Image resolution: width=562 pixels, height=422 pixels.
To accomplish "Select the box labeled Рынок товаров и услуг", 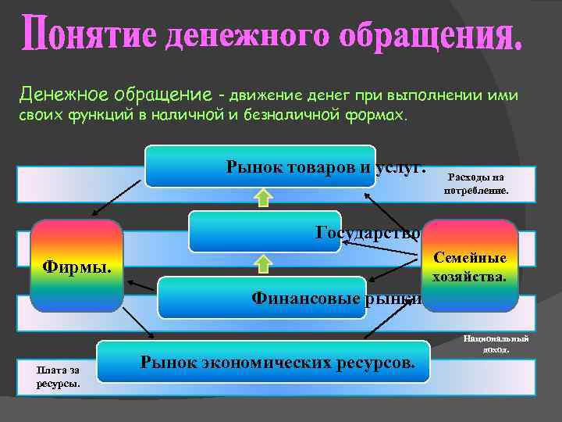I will pyautogui.click(x=261, y=166).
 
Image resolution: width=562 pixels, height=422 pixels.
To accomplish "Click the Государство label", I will pyautogui.click(x=368, y=231).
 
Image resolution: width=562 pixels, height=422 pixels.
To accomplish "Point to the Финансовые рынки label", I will pyautogui.click(x=336, y=297).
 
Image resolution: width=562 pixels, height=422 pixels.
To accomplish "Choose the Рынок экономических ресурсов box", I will pyautogui.click(x=263, y=362).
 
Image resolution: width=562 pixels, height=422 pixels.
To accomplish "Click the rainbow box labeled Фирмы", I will pyautogui.click(x=76, y=267).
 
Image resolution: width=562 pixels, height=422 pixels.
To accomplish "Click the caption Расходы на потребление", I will pyautogui.click(x=475, y=183).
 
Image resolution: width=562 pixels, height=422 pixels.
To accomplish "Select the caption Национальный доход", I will pyautogui.click(x=496, y=344).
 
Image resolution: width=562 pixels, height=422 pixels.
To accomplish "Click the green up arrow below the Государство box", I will pyautogui.click(x=264, y=263).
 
